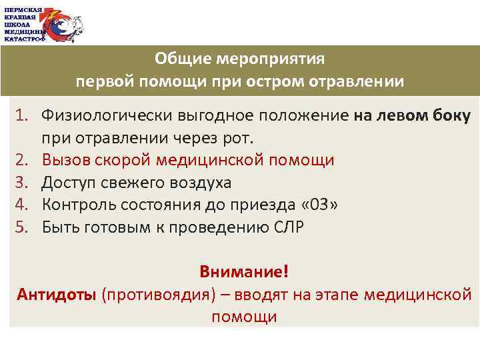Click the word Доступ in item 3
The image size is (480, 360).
coord(71,183)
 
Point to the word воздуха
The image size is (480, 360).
coord(201,183)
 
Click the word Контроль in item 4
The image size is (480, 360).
coord(78,205)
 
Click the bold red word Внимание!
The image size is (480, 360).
coord(244,272)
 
